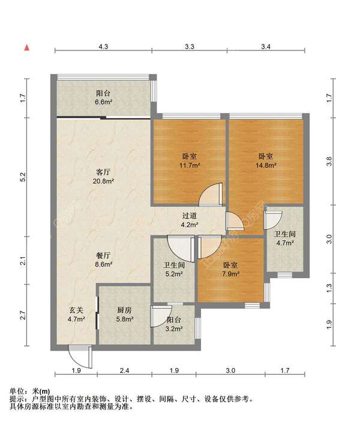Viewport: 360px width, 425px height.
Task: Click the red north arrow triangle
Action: click(27, 48)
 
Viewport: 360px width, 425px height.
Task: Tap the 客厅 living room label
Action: click(103, 172)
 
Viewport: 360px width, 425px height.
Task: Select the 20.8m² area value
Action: click(103, 181)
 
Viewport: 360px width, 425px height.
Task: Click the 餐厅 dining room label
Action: click(103, 255)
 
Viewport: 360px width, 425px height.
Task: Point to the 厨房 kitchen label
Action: click(125, 310)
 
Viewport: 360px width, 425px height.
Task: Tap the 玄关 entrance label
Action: click(76, 310)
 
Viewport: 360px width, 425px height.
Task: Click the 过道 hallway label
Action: click(190, 216)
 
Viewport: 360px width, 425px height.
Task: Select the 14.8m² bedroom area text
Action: click(266, 165)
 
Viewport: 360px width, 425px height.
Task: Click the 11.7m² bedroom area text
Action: click(190, 165)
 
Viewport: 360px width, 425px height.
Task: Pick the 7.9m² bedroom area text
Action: click(230, 274)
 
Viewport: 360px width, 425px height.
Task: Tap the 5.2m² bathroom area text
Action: click(174, 274)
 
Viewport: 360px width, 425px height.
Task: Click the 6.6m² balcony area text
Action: click(103, 102)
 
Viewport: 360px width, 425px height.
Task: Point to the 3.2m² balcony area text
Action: click(174, 328)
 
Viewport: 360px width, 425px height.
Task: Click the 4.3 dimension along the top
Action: click(103, 47)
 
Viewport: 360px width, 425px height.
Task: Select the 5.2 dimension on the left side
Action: click(23, 177)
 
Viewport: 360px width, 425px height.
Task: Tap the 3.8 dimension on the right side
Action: click(329, 161)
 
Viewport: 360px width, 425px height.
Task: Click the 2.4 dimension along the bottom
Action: click(125, 370)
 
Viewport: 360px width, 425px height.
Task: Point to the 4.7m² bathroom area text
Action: click(284, 243)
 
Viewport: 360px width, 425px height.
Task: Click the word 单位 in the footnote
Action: click(16, 391)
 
